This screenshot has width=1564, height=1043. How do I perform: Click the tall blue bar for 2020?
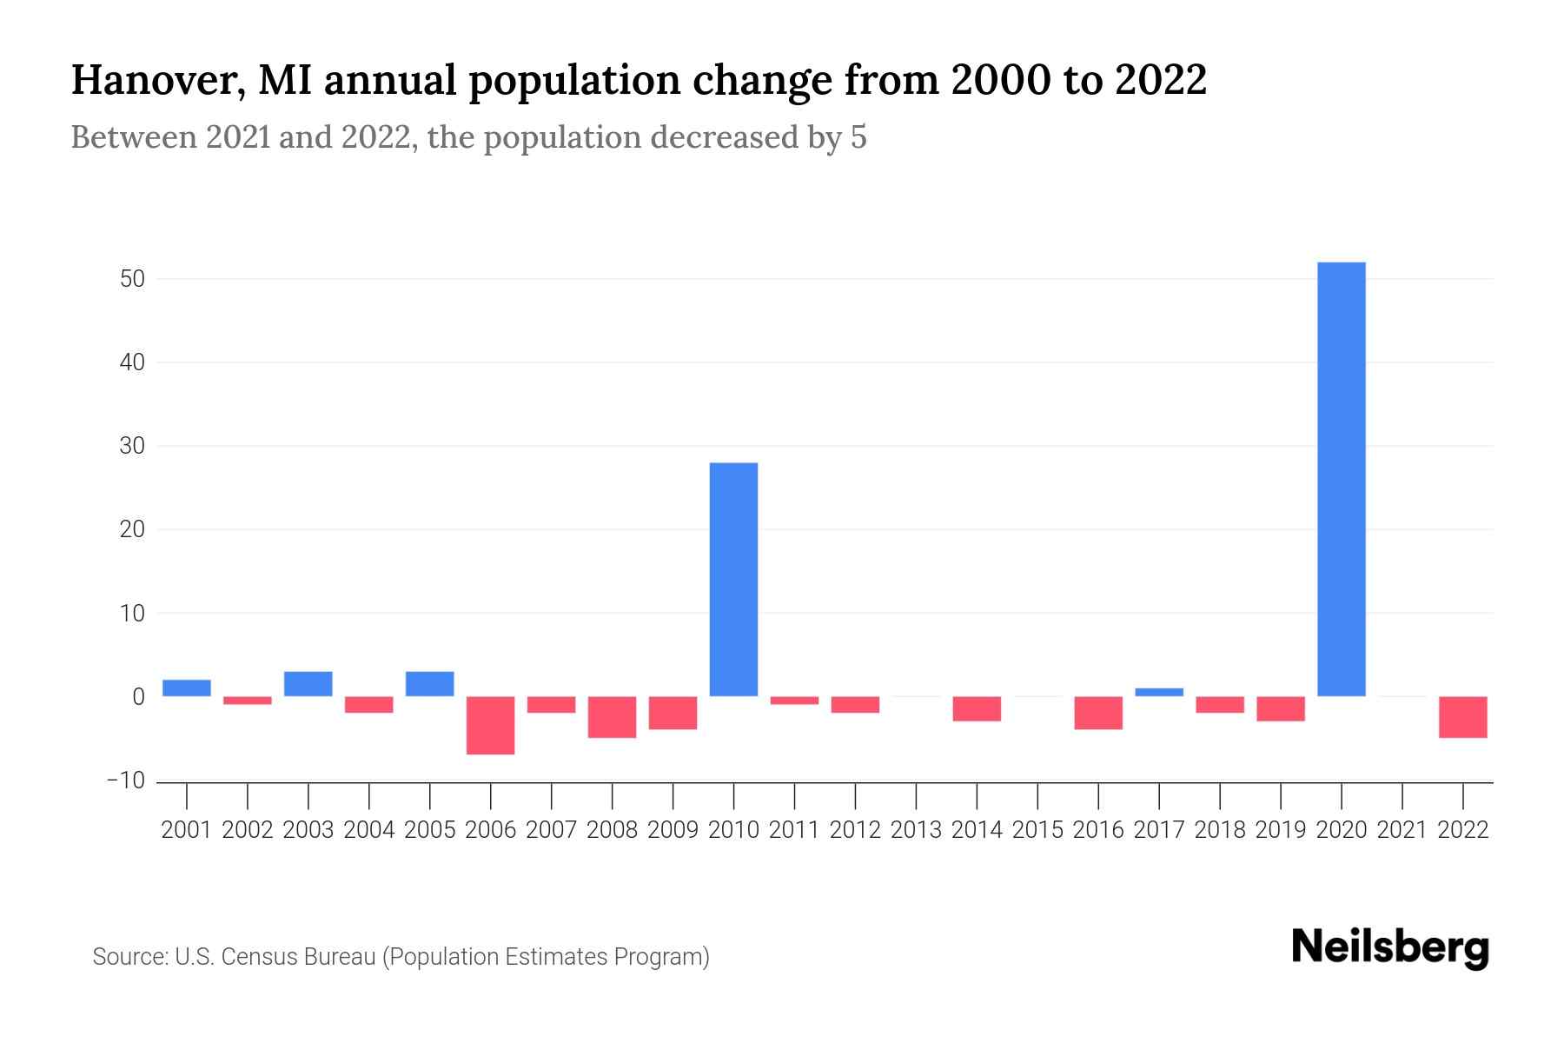coord(1341,478)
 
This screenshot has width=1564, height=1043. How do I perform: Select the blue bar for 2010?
coord(733,579)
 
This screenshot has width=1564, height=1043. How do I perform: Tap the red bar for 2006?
coord(491,725)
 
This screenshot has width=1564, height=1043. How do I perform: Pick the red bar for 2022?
coord(1463,716)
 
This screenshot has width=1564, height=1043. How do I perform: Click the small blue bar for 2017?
coord(1159,693)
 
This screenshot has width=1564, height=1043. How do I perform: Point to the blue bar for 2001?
coord(187,688)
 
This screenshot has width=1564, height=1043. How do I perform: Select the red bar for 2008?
coord(613,716)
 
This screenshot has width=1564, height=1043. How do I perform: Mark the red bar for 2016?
coord(1098,712)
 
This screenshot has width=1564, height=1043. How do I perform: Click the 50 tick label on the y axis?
coord(133,279)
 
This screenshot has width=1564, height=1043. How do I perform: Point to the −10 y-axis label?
coord(126,781)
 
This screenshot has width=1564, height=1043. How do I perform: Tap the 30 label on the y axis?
coord(133,446)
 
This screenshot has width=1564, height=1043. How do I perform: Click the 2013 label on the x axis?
coord(916,830)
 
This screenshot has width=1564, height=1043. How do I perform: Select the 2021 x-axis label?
coord(1402,830)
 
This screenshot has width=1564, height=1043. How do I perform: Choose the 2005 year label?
coord(430,830)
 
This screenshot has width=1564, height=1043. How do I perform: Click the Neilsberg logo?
coord(1390,947)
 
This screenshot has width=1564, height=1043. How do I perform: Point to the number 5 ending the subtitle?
coord(858,137)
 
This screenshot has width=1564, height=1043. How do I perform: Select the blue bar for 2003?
coord(308,684)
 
